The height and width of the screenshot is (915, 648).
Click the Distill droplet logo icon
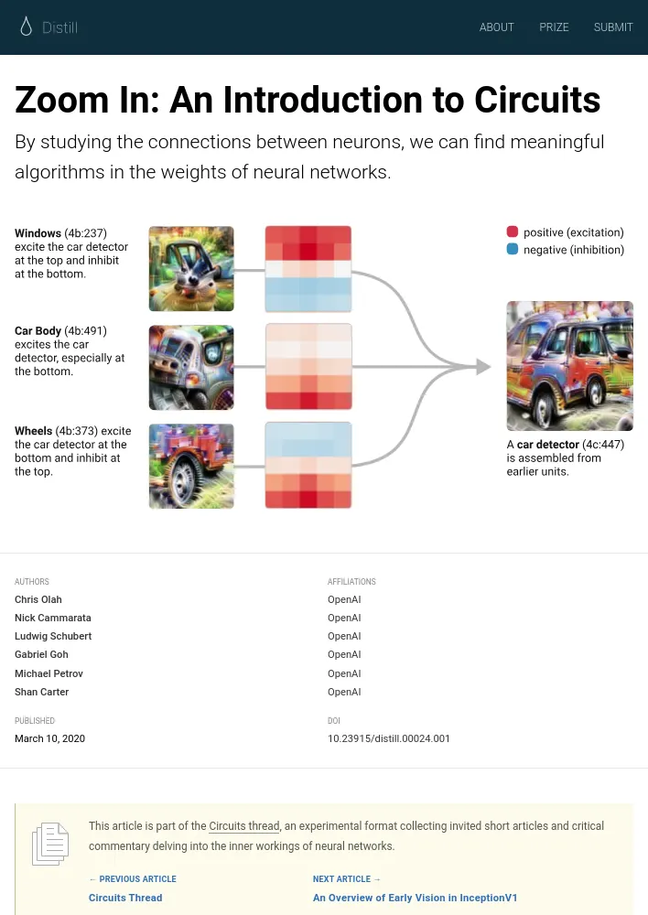tap(26, 27)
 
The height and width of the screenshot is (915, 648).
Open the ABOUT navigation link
tap(496, 27)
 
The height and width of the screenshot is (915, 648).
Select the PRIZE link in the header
tap(554, 27)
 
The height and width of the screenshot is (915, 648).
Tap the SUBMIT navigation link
tap(613, 27)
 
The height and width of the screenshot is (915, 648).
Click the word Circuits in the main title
tap(537, 100)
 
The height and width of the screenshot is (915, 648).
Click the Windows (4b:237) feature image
tap(191, 268)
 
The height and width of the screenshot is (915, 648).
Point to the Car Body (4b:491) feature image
tap(191, 367)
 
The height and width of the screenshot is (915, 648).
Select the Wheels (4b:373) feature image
tap(191, 466)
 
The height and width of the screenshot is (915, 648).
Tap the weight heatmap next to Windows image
tap(308, 268)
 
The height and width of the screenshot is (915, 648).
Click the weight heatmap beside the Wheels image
tap(308, 465)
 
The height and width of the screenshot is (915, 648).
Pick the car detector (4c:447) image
tap(570, 366)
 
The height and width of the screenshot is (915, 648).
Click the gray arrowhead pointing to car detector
tap(482, 367)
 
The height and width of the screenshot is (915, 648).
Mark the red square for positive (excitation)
tap(513, 231)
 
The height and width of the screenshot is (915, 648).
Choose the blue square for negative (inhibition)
tap(513, 249)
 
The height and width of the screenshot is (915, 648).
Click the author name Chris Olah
tap(38, 599)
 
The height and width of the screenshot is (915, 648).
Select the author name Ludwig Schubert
tap(53, 636)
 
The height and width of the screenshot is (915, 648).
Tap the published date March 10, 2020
tap(49, 738)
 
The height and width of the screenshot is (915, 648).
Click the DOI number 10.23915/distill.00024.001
tap(389, 738)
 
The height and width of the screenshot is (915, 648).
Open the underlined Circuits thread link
tap(244, 825)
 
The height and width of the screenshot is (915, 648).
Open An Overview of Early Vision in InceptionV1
tap(416, 898)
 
